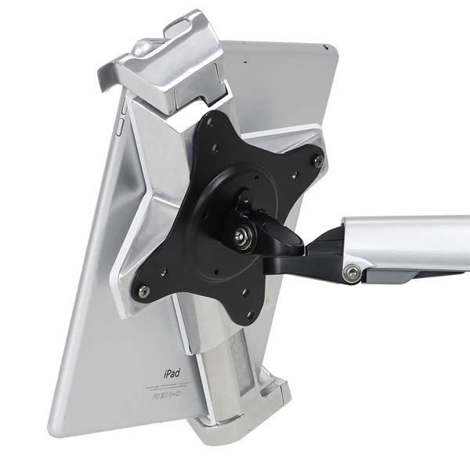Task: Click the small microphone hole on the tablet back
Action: (244, 60)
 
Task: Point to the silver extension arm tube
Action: (407, 239)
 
